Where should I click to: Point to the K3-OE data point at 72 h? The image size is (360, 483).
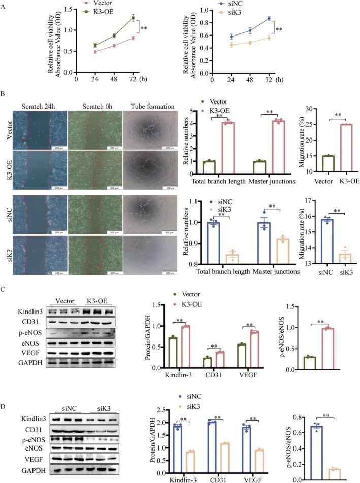pos(134,18)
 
